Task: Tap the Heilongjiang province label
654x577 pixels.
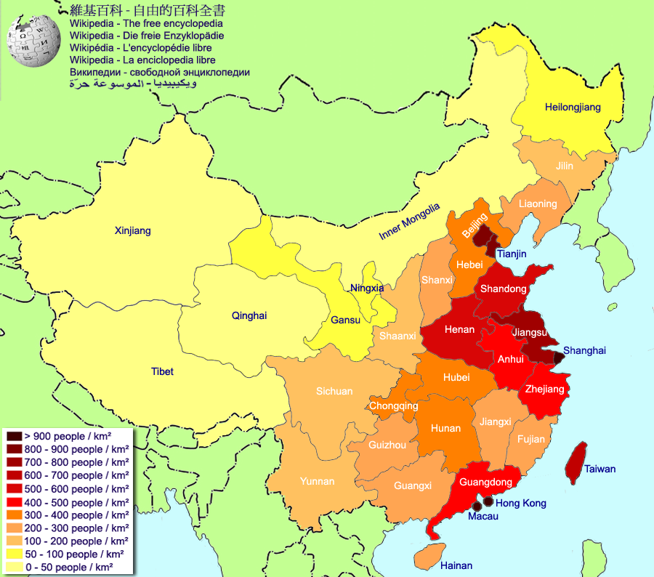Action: (573, 108)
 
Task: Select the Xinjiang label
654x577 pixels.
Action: (133, 231)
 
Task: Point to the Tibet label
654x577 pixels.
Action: (162, 371)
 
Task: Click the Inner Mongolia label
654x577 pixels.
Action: (409, 222)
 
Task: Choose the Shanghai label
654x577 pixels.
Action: (584, 350)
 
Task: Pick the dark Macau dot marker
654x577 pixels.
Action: (477, 506)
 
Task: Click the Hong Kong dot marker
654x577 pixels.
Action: (488, 501)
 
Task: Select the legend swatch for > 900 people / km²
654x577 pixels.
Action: (14, 436)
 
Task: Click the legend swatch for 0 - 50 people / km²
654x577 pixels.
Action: (14, 567)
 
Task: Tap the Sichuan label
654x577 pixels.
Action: (334, 391)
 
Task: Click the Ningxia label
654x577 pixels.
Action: (366, 288)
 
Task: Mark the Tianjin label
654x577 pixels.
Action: (512, 254)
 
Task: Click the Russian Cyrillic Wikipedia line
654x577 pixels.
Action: (160, 72)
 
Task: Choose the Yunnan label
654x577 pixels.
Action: (317, 481)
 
